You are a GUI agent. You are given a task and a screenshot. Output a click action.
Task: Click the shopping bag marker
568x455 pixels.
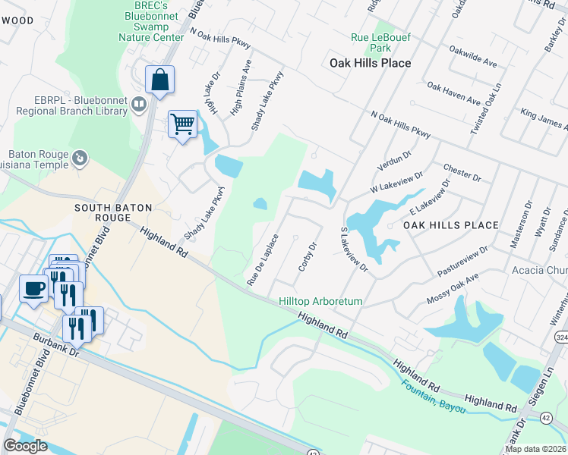click(x=159, y=80)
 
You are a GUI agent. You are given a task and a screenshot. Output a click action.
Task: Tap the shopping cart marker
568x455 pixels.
click(x=182, y=124)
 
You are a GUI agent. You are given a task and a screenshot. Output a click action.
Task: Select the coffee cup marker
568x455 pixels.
click(x=34, y=289)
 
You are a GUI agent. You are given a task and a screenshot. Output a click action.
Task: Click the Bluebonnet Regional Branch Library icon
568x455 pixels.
click(x=139, y=104)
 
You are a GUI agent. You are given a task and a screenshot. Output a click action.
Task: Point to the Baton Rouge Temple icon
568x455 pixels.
click(x=80, y=158)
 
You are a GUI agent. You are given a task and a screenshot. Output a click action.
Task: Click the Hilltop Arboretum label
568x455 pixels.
click(x=320, y=301)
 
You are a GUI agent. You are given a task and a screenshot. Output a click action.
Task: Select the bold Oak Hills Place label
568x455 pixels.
click(x=371, y=63)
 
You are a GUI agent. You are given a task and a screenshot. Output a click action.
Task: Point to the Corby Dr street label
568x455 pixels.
click(x=306, y=257)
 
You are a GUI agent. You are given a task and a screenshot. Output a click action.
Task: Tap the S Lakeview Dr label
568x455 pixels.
click(x=355, y=249)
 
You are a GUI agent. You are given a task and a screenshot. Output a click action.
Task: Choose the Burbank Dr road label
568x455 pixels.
click(x=56, y=348)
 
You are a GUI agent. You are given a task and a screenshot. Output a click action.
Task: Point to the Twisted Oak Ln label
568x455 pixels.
click(x=486, y=109)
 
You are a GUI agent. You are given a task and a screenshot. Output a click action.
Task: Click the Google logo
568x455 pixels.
click(x=25, y=446)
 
